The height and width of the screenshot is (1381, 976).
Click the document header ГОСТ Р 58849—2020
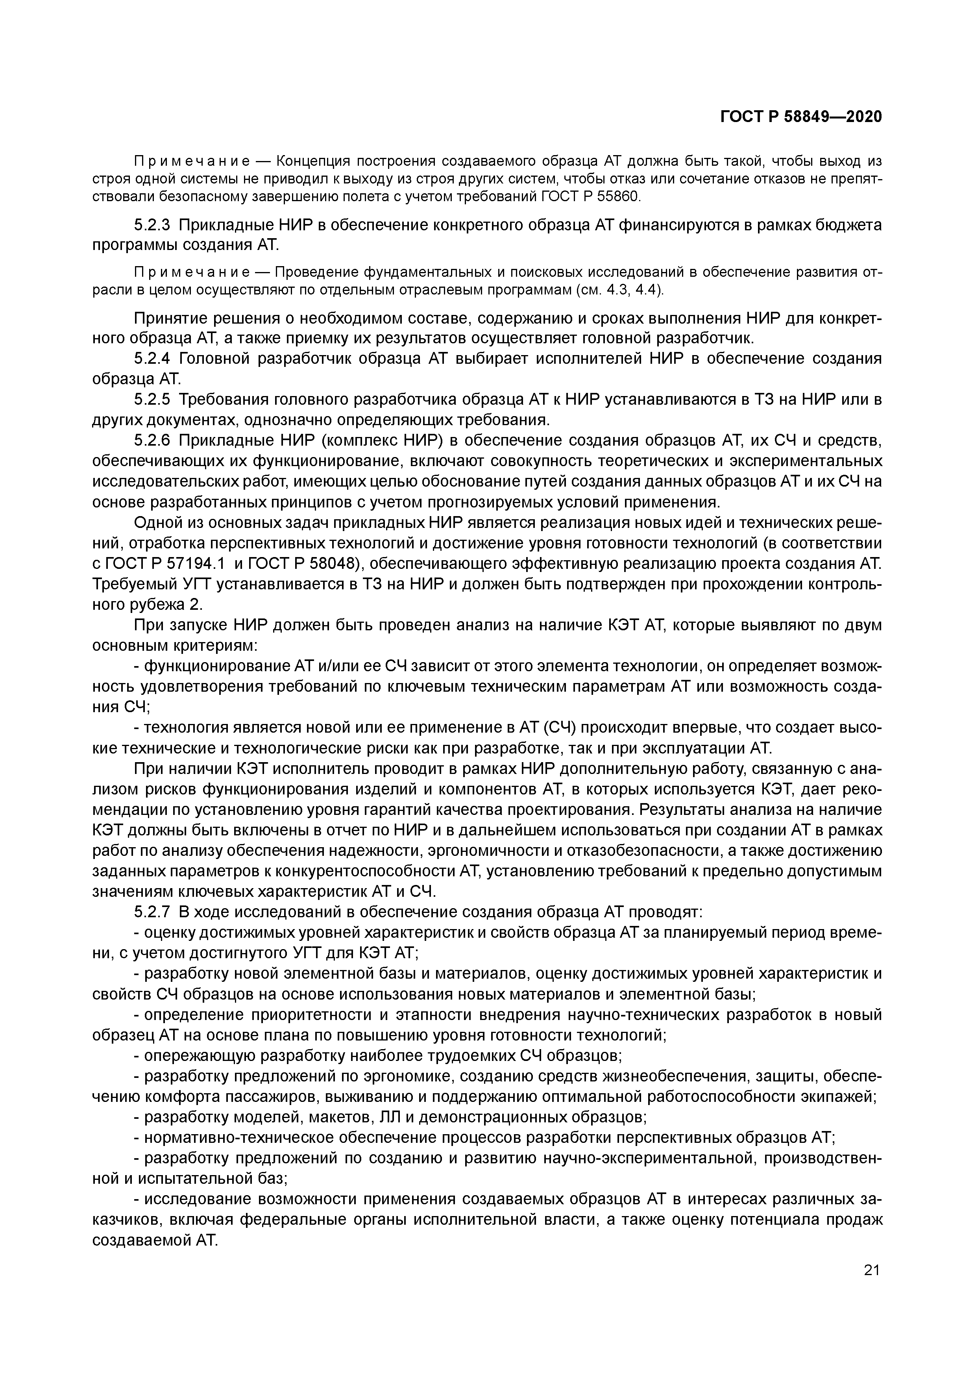tap(800, 117)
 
